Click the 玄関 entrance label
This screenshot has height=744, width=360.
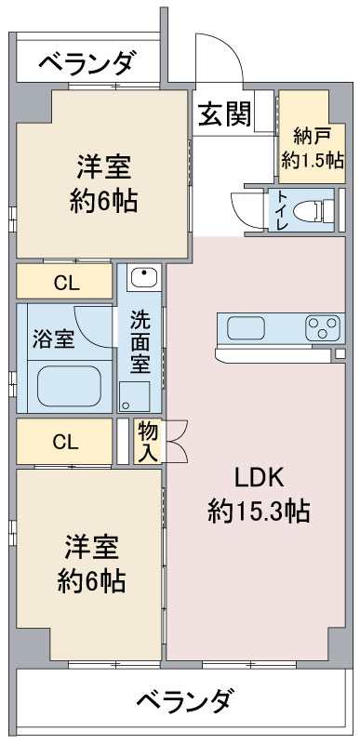[224, 113]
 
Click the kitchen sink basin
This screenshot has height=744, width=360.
[246, 328]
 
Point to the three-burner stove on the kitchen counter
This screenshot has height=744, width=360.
[323, 328]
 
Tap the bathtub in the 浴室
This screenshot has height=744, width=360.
[69, 386]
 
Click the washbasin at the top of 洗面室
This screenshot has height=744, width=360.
[143, 277]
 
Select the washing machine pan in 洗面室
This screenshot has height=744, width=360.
[134, 396]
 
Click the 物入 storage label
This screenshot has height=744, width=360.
[148, 441]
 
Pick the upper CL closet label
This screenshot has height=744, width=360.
[66, 284]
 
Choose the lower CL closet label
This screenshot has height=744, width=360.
[65, 443]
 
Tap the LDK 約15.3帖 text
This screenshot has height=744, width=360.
[259, 495]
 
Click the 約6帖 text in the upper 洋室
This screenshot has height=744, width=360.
[104, 201]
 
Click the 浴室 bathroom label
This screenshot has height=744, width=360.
[53, 340]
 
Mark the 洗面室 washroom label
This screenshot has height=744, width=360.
[140, 341]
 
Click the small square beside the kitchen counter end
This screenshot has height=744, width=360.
[340, 353]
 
